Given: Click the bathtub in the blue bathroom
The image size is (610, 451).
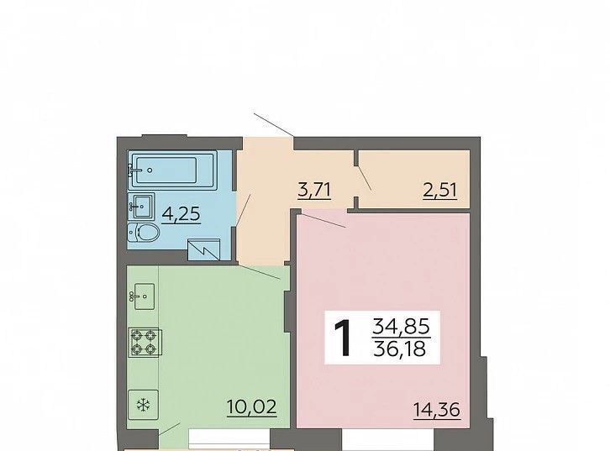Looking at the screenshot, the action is pos(173,170).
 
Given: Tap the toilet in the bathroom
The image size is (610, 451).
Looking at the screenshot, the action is pos(144,233).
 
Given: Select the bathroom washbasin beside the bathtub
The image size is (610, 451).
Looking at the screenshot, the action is pos(142,206).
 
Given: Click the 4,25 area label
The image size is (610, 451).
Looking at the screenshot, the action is pos(181,214).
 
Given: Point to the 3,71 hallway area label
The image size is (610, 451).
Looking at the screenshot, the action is pos(314,191).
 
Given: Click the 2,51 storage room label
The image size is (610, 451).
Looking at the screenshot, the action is pos(440,191).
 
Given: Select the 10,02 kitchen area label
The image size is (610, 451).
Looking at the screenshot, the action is pos(252,407).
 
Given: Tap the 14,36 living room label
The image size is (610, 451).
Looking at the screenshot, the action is pos(436,410).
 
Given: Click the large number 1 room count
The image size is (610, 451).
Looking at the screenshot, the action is pos(343,338).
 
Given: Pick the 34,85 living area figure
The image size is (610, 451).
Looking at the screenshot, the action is pos(401,326).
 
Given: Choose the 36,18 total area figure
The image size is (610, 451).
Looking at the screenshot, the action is pos(400,349).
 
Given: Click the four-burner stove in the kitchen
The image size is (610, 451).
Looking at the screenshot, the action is pos(145,342).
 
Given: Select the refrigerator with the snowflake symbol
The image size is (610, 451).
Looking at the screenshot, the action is pos(143,405).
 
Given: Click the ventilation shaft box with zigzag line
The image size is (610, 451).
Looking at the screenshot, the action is pos(204,249).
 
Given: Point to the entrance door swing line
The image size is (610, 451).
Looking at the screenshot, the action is pos(274,125).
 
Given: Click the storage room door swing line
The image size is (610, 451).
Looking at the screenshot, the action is pos(365,178).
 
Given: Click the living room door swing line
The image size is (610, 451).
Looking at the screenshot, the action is pos(324,221).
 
